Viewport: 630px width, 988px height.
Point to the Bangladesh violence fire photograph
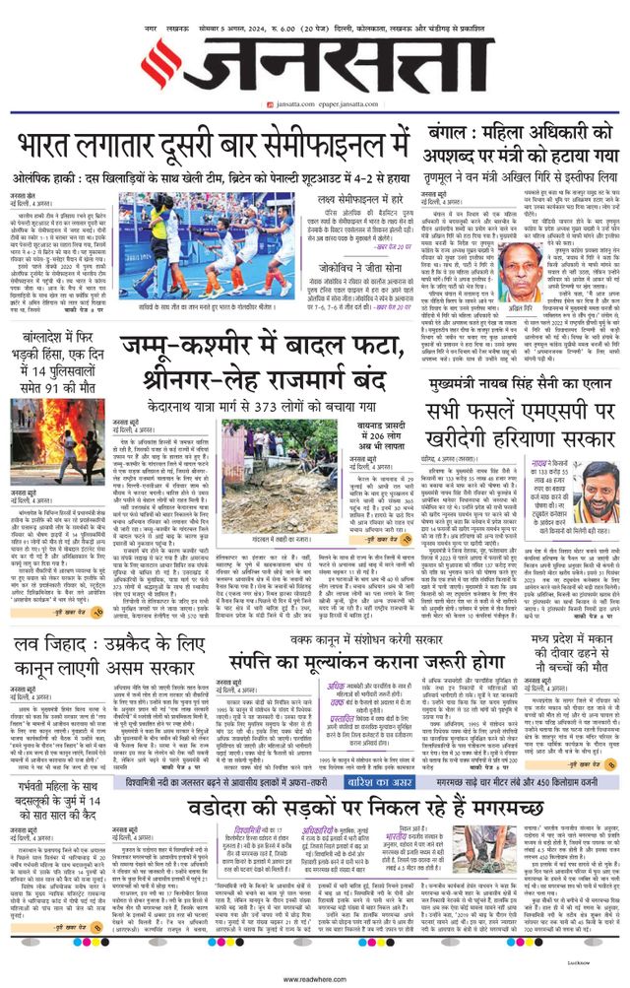tap(57, 449)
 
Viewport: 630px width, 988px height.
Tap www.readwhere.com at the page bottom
tap(314, 979)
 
